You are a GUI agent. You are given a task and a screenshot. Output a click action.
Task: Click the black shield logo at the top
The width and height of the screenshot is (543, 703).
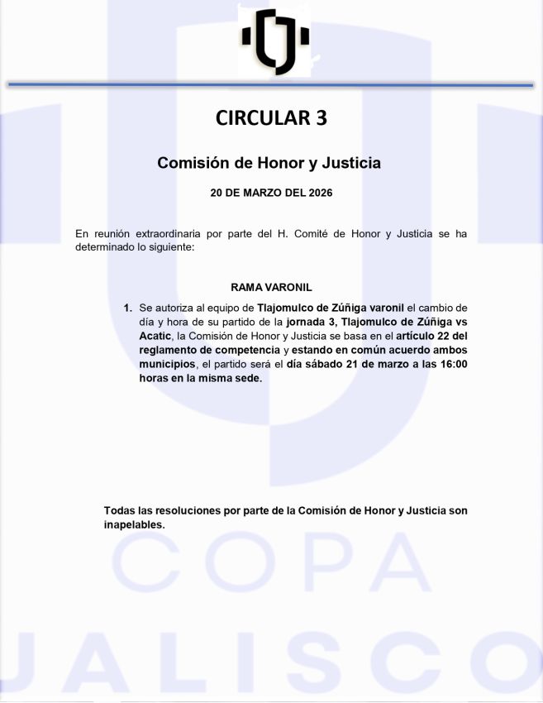coord(274,41)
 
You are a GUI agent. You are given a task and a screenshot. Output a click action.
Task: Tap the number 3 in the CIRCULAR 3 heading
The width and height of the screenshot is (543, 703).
coord(321,118)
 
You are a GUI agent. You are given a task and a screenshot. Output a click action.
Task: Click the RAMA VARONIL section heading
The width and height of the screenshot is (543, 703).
coord(271,288)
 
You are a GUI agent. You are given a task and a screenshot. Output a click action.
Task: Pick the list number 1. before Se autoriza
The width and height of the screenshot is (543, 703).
coord(128,308)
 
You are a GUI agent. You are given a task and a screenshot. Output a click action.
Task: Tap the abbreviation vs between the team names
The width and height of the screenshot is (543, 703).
coord(460,322)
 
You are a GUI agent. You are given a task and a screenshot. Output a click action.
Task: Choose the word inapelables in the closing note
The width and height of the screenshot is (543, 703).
coord(134,524)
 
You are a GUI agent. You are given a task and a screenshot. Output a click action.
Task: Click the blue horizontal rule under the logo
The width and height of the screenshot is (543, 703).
coord(271,84)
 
